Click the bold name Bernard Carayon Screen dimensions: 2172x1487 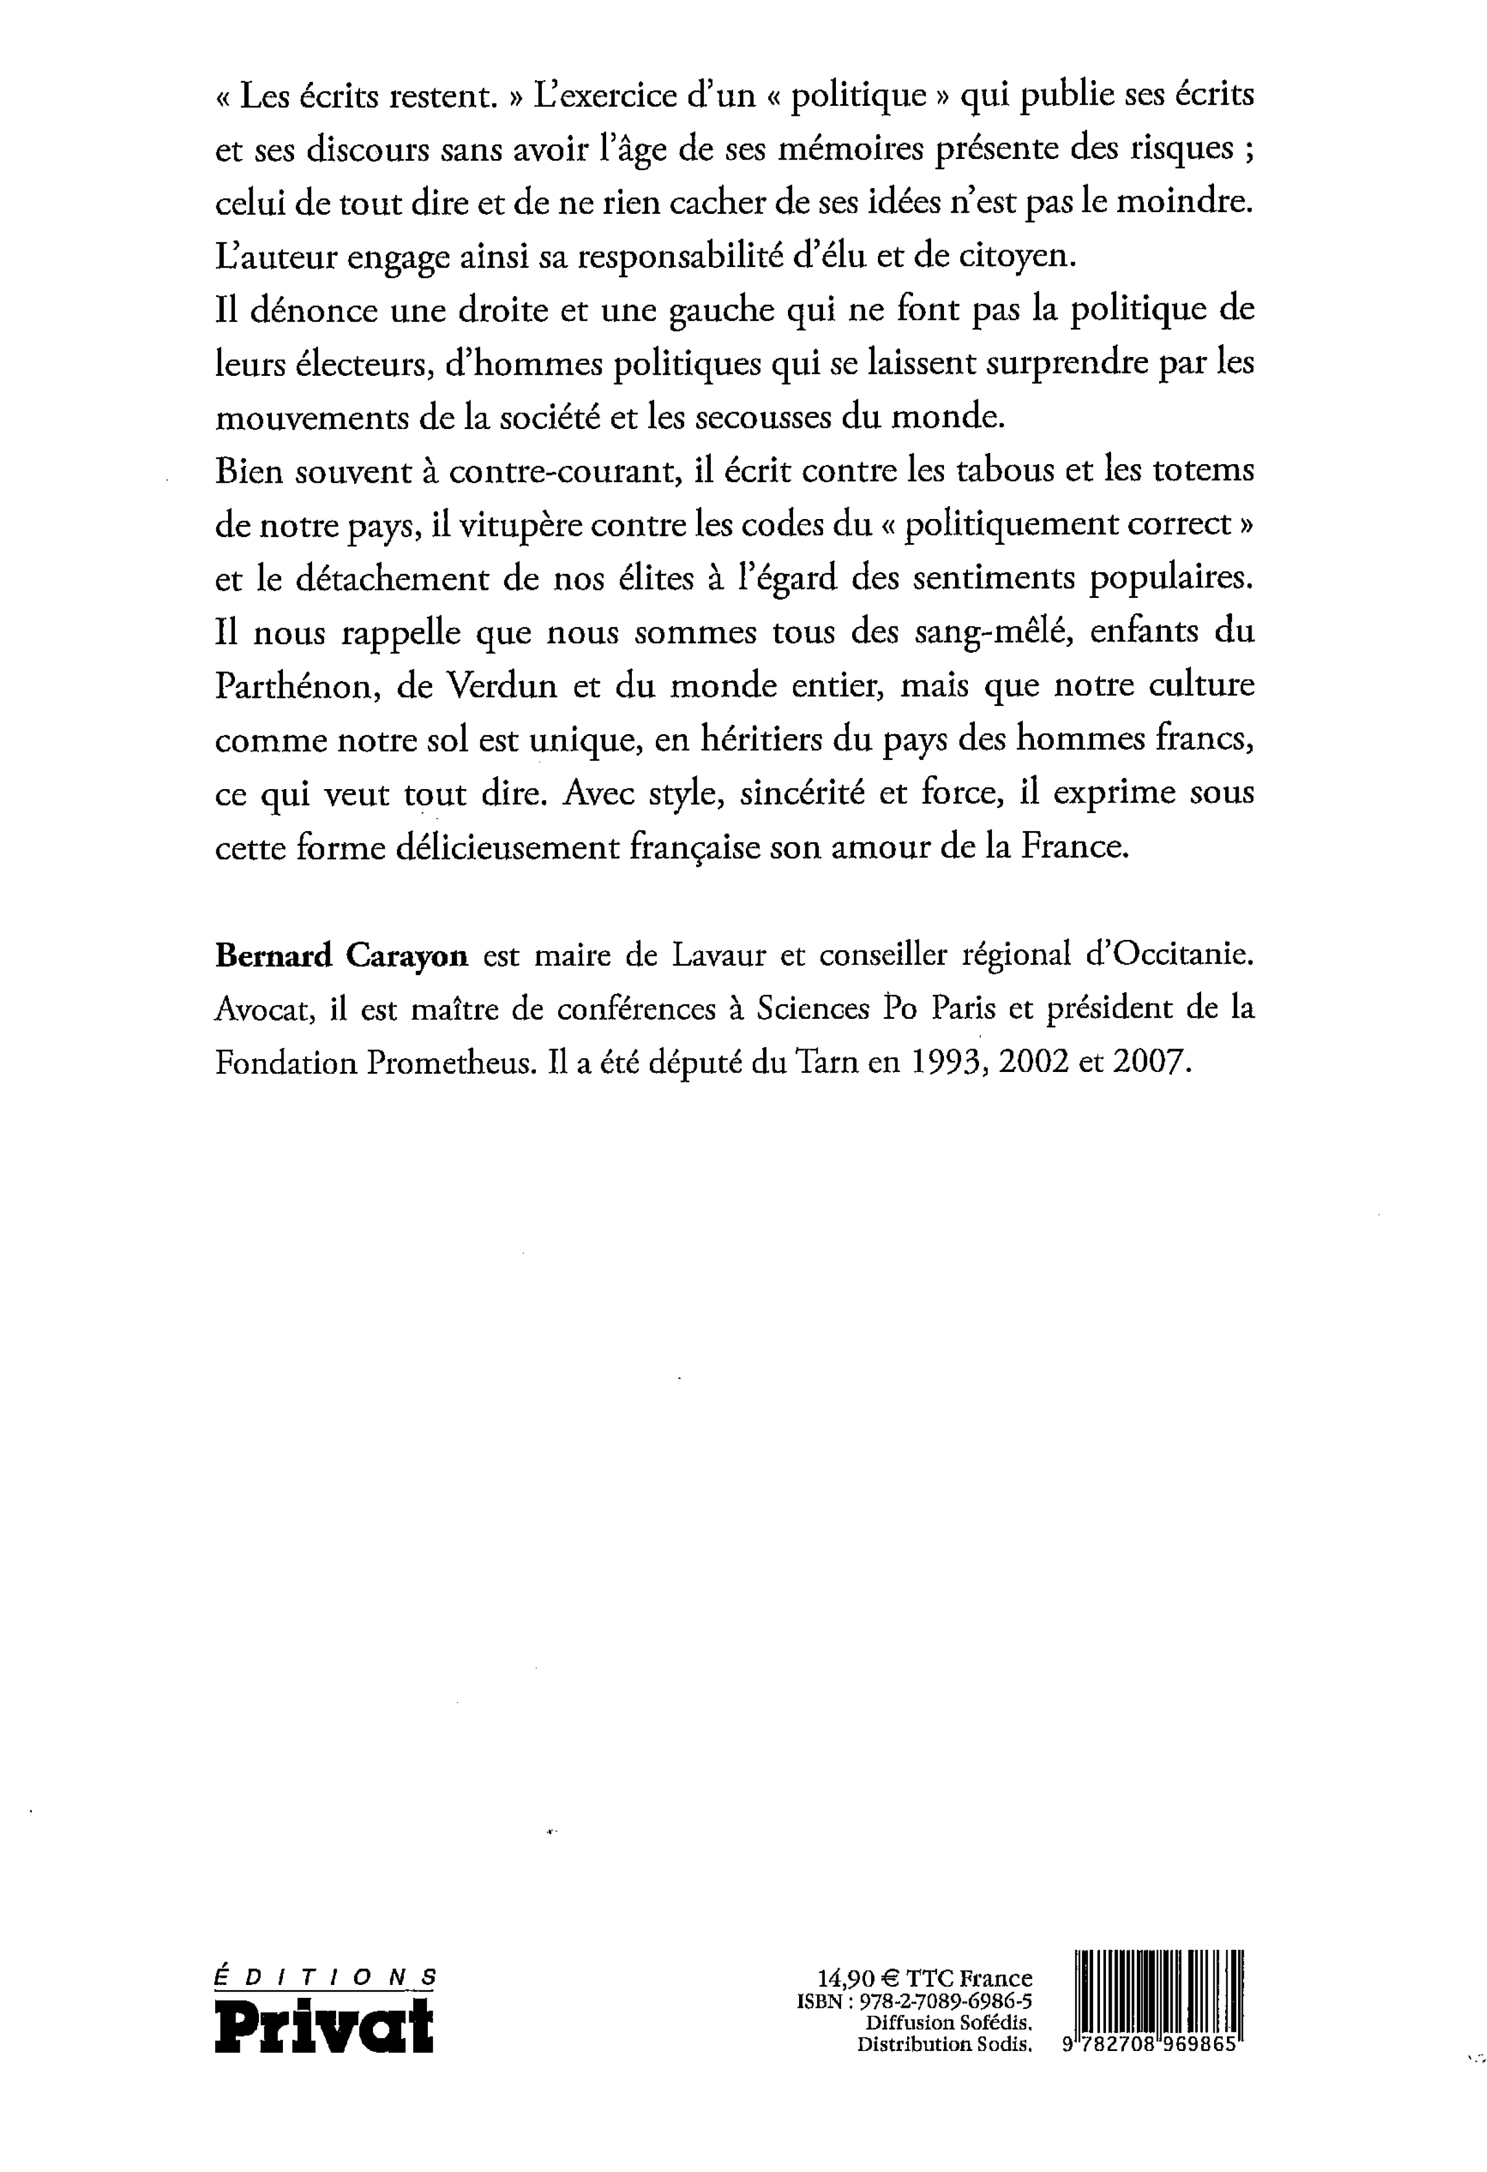click(341, 955)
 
